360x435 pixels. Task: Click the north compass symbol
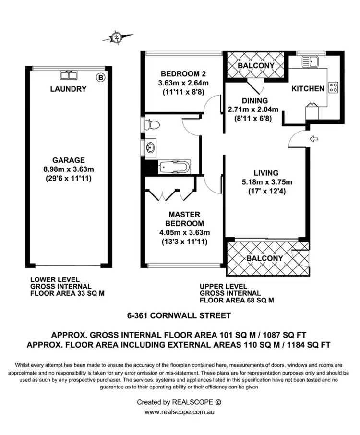[116, 36]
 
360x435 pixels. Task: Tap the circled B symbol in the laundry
[100, 77]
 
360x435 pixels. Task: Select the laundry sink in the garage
[66, 75]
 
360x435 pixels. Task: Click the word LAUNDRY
[69, 89]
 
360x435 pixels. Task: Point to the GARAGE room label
[69, 160]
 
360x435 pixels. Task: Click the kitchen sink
[310, 61]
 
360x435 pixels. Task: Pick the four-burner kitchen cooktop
[333, 88]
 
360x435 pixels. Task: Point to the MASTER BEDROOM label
[184, 219]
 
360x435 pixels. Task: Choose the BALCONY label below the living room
[264, 258]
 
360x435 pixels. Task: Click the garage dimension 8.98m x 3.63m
[69, 169]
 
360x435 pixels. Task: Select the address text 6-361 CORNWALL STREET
[179, 315]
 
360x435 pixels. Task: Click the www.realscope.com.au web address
[180, 412]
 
